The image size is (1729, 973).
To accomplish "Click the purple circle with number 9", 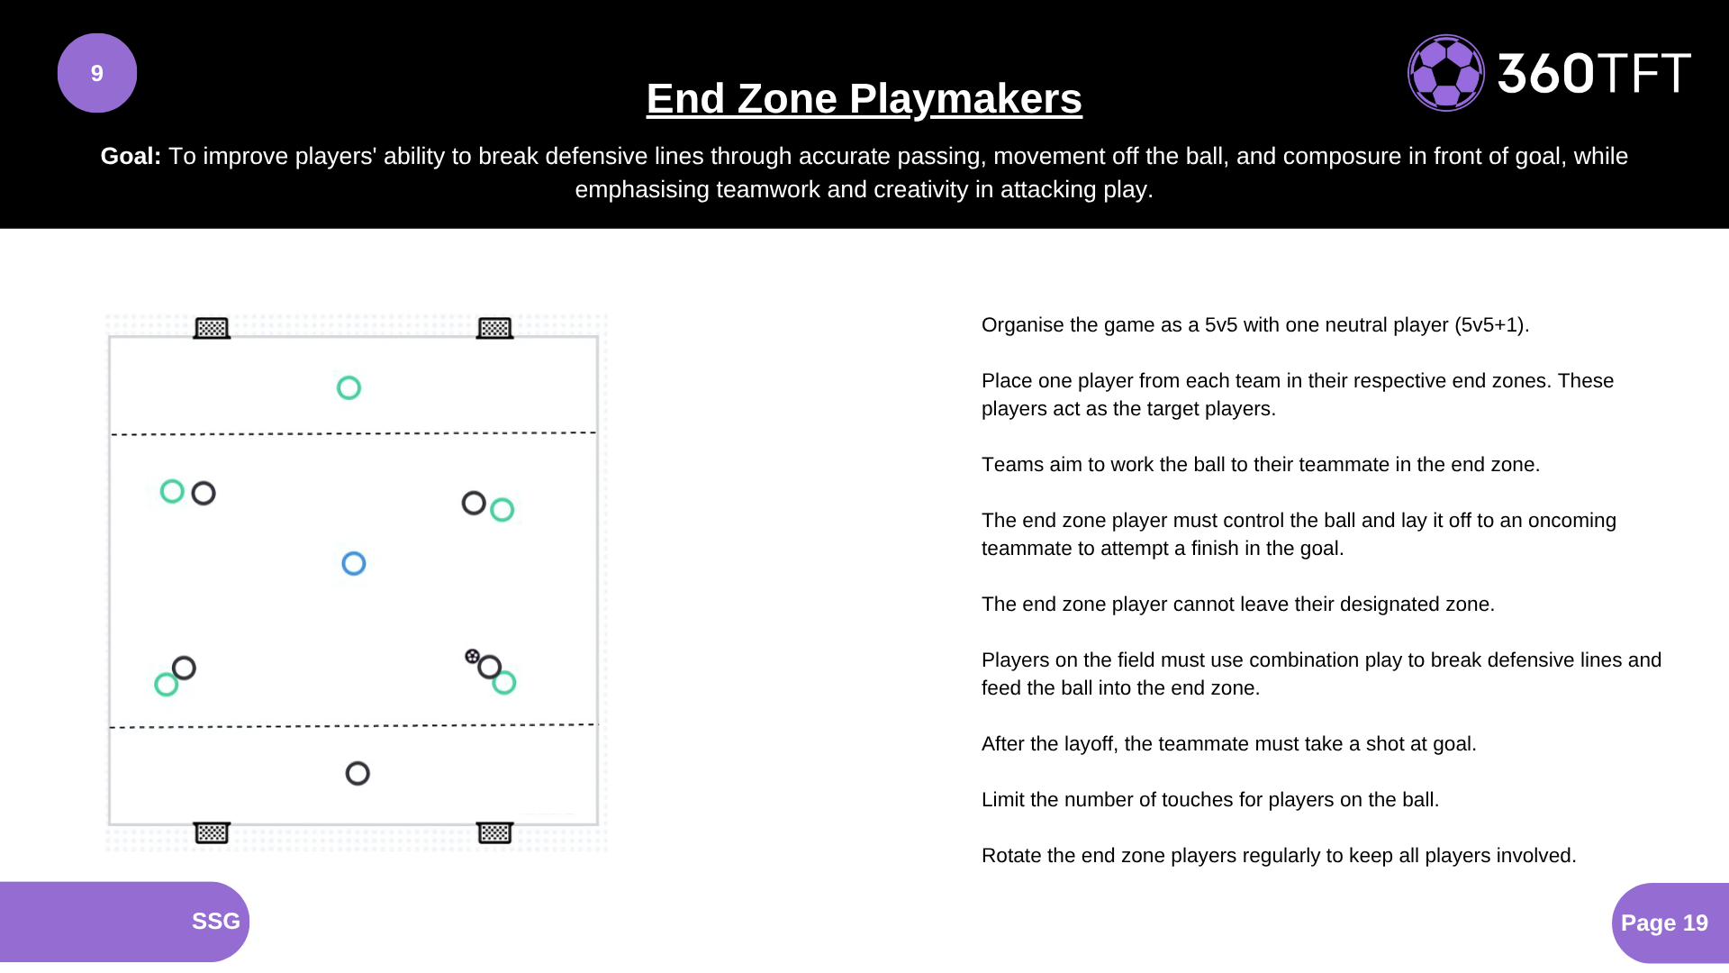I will point(97,73).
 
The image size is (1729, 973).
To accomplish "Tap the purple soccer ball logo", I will point(1445,73).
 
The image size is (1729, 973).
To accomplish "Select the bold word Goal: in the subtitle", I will point(131,156).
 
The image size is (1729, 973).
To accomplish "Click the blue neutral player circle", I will point(354,564).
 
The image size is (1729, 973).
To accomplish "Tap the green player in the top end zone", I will point(349,387).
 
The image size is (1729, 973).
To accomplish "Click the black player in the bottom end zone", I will point(358,773).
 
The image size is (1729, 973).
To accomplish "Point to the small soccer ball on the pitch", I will point(472,656).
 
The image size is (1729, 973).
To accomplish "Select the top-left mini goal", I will point(212,328).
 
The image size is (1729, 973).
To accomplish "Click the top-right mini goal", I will point(494,328).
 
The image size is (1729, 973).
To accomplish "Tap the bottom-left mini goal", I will point(212,832).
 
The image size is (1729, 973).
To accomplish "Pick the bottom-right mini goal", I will point(494,832).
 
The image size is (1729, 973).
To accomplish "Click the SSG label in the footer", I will point(215,921).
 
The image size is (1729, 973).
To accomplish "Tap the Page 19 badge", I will point(1664,923).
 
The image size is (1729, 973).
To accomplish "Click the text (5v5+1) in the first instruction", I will point(1490,324).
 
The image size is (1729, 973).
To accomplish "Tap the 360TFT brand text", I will point(1594,73).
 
